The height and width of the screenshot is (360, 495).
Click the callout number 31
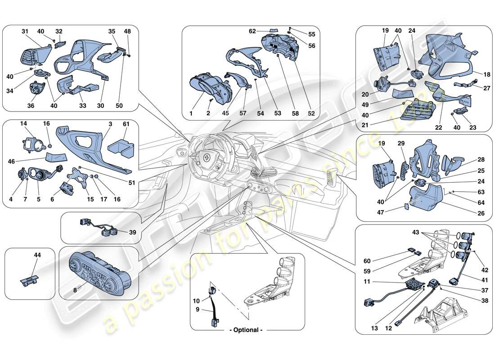[x=25, y=31]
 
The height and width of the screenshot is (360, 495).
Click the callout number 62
[x=252, y=31]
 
